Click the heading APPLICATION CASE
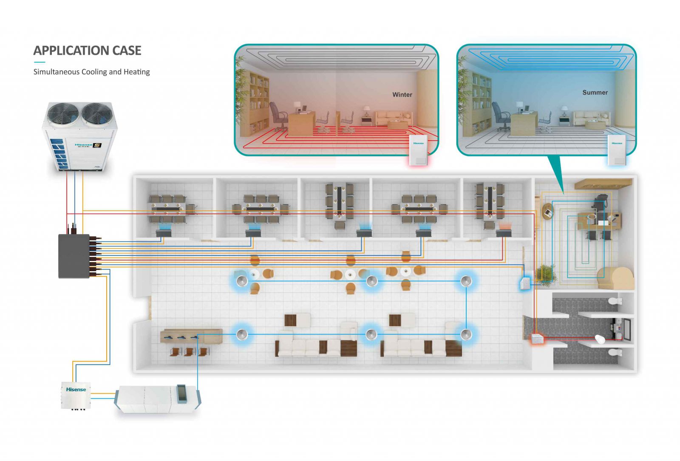[87, 51]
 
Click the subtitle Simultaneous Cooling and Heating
[91, 72]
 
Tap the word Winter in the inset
[402, 95]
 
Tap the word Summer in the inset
[595, 93]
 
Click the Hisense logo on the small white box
[76, 389]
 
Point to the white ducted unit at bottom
[157, 399]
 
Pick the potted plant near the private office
[546, 273]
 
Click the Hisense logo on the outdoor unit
[83, 145]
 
